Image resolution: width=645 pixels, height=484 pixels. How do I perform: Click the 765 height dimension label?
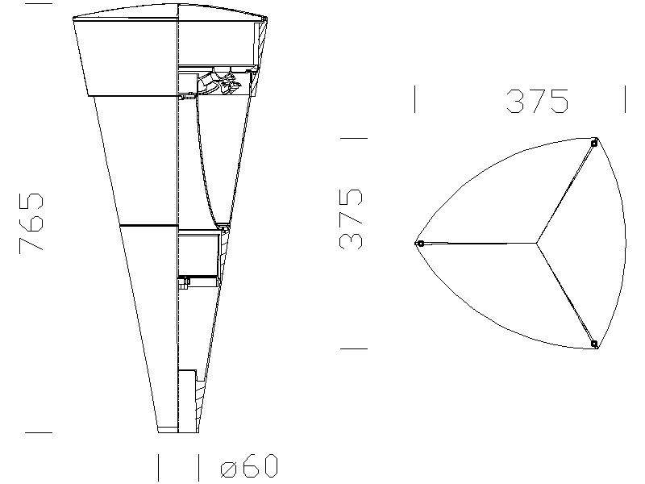point(31,223)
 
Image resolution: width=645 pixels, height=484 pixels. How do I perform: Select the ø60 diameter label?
point(249,466)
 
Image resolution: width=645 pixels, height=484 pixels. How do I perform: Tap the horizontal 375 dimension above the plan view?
point(537,102)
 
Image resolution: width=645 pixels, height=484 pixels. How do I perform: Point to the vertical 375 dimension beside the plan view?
point(351,219)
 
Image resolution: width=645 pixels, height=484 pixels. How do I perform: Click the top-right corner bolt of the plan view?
point(593,144)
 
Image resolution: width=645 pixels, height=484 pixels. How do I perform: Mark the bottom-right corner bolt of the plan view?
point(593,344)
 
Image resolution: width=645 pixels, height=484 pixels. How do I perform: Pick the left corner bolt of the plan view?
point(420,244)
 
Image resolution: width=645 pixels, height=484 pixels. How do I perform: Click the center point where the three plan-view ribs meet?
point(536,244)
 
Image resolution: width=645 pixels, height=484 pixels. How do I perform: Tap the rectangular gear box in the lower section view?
point(198,255)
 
